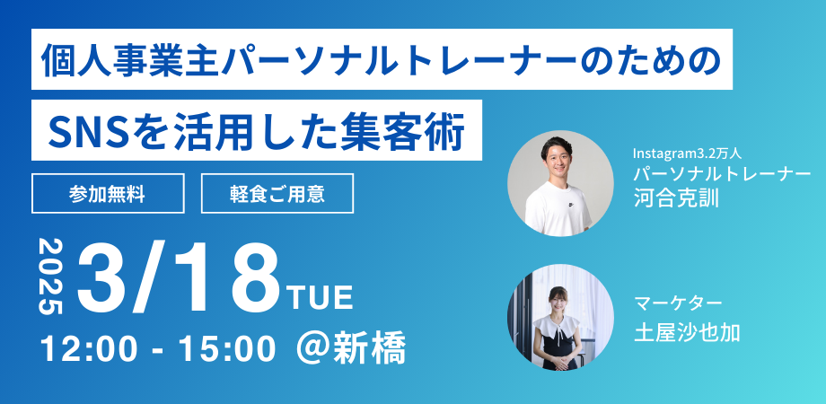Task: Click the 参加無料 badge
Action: coord(108,193)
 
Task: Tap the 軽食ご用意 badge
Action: coord(277,193)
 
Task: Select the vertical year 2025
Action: coord(51,276)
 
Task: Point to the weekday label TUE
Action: coord(321,295)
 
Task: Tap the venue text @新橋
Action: coord(351,347)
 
